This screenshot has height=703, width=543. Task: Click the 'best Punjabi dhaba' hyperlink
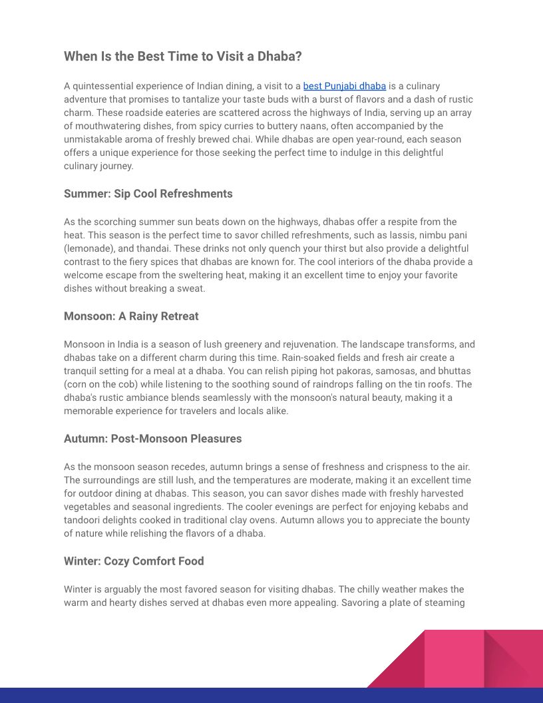pyautogui.click(x=344, y=86)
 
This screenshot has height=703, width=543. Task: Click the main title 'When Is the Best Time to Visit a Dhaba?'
pyautogui.click(x=182, y=57)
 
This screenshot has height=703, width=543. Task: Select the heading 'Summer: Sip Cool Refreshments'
pyautogui.click(x=148, y=194)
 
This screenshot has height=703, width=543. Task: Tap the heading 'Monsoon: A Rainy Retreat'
pyautogui.click(x=131, y=316)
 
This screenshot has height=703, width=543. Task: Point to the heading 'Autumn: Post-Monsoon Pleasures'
pyautogui.click(x=152, y=439)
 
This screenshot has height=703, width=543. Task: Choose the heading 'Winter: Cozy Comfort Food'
pyautogui.click(x=134, y=561)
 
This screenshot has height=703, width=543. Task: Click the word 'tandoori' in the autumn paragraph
pyautogui.click(x=84, y=520)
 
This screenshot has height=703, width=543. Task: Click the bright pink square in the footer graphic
pyautogui.click(x=454, y=658)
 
